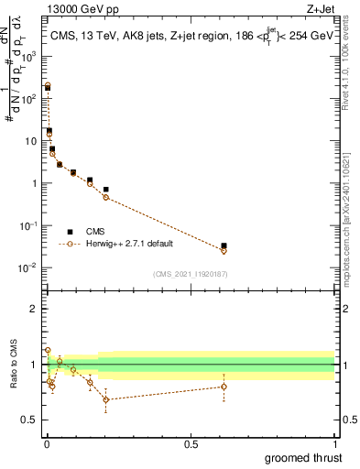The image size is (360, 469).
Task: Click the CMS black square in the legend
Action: pos(70,231)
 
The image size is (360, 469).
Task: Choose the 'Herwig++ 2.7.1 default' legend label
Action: pos(128,244)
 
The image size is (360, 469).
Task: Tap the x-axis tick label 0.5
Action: pos(191,442)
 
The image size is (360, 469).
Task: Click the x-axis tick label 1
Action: pos(334,442)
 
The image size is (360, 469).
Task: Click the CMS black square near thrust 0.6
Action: pos(224,245)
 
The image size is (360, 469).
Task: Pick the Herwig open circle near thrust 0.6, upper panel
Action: pos(224,250)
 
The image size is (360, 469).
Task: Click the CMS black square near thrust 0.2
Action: pos(106,190)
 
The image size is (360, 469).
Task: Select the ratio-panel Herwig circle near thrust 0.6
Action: pos(224,386)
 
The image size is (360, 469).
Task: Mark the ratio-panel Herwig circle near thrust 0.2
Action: pos(106,399)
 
